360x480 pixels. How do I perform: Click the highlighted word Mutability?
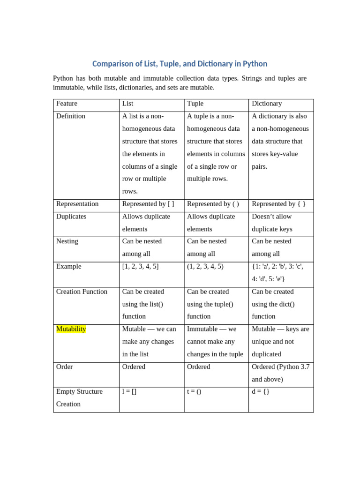tap(71, 329)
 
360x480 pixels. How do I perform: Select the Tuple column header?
tap(195, 104)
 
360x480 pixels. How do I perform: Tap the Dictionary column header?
tap(267, 104)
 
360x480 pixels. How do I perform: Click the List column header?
tap(127, 104)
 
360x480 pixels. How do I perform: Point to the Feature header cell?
tap(67, 104)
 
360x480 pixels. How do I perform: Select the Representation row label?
tap(77, 204)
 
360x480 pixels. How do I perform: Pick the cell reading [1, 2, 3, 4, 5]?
tap(140, 266)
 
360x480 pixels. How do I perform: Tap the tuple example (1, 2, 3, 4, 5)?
tap(205, 266)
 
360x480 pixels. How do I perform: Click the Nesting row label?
tap(67, 241)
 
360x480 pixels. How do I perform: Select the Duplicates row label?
tap(71, 217)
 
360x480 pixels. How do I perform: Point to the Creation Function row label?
tap(82, 292)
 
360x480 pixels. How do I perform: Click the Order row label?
tap(64, 367)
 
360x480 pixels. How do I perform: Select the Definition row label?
tap(71, 116)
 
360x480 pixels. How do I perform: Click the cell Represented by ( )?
tap(213, 204)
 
